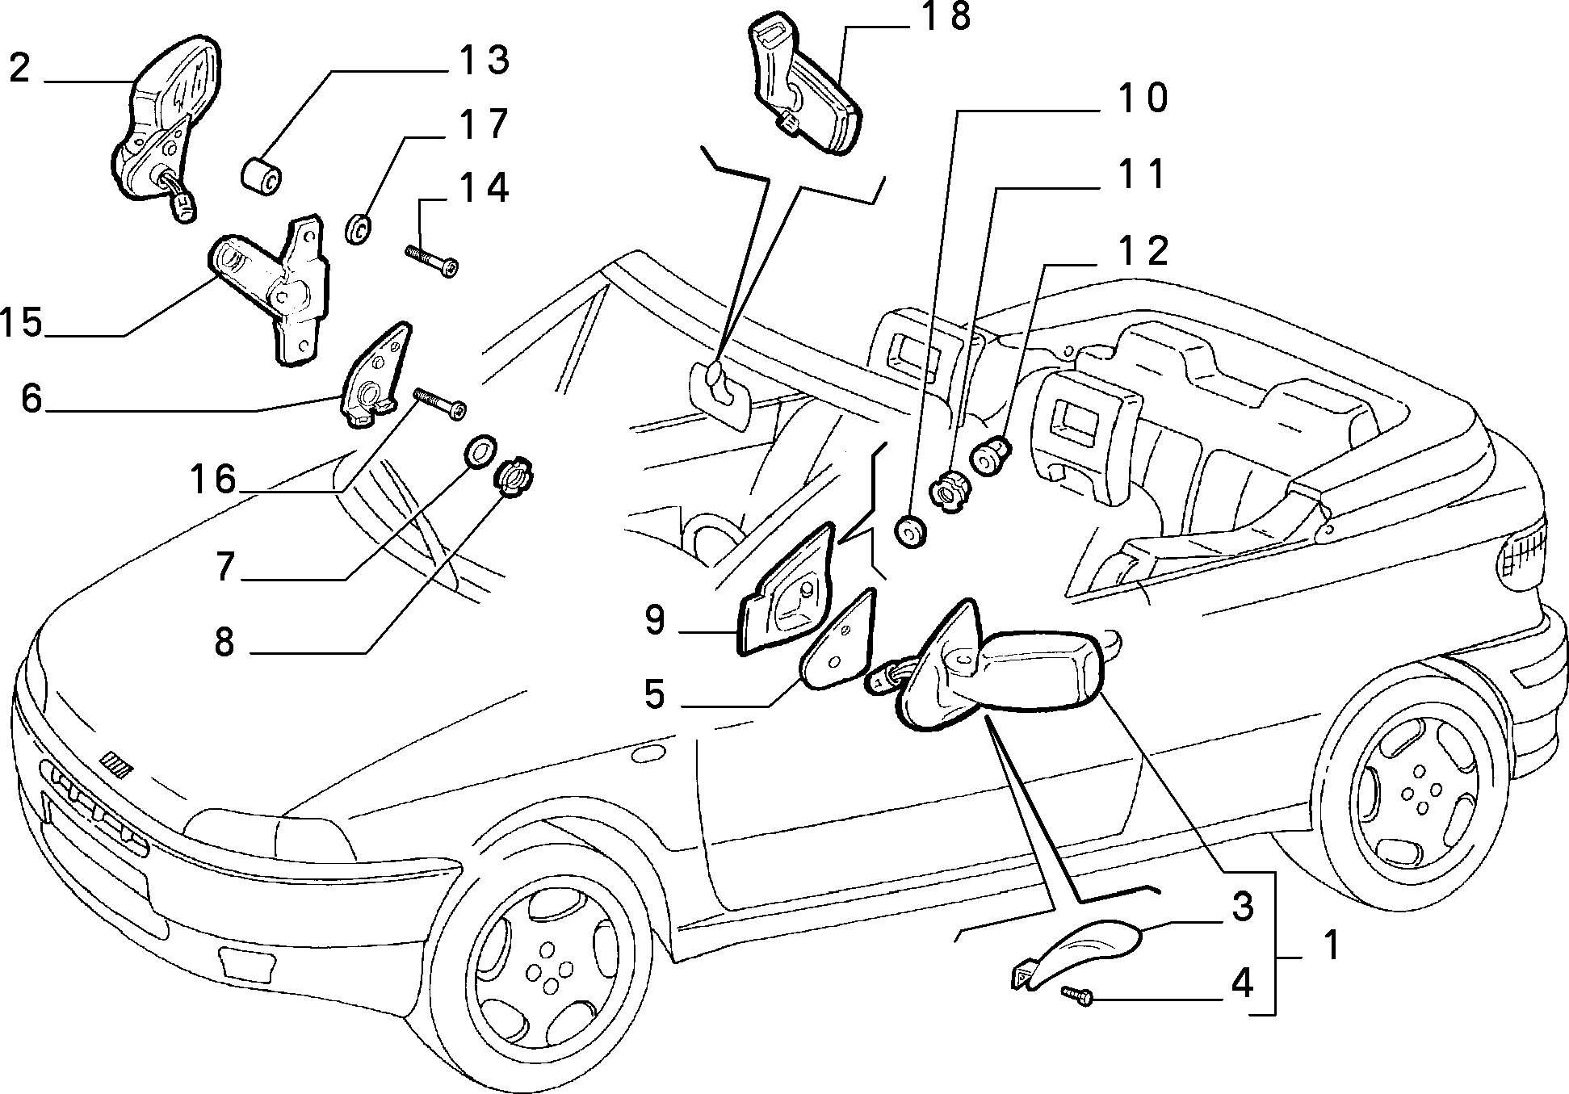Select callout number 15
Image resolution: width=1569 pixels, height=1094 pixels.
tap(22, 322)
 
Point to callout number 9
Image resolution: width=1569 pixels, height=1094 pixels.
tap(655, 620)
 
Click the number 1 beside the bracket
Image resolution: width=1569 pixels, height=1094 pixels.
tap(1330, 945)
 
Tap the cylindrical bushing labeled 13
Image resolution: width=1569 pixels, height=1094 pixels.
tap(261, 176)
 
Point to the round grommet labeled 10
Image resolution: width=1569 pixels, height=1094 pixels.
tap(911, 533)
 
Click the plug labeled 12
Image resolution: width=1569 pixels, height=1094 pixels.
tap(991, 455)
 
